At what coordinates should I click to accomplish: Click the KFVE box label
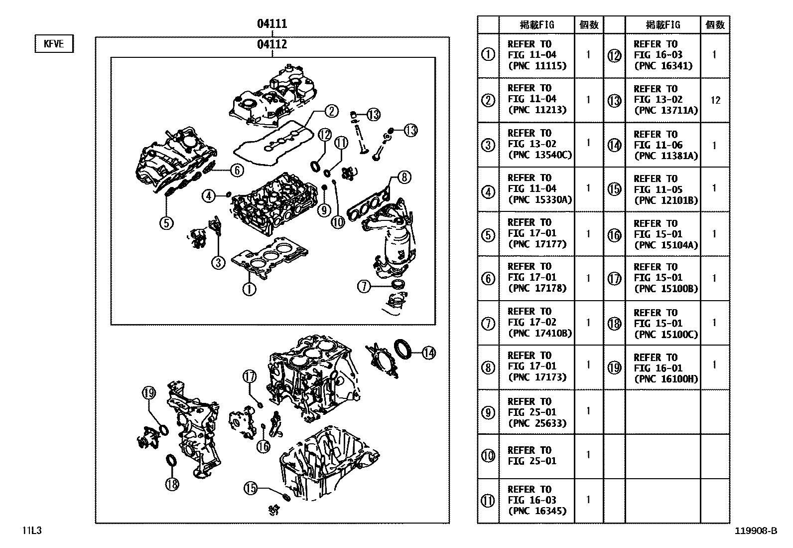pos(54,44)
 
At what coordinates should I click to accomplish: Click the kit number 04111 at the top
pos(272,23)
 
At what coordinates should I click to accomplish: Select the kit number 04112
pos(272,44)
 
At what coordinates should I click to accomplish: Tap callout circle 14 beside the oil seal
pos(428,353)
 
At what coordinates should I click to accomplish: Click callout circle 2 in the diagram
pos(331,111)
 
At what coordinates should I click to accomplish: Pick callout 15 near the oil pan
pos(250,488)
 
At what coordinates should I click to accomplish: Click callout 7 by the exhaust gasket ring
pos(364,286)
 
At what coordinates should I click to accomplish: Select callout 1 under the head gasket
pos(249,289)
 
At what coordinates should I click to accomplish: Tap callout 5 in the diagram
pos(166,223)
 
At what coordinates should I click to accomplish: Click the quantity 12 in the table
pos(715,100)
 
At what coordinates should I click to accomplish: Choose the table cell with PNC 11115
pos(536,55)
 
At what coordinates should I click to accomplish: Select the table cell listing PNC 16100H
pos(662,368)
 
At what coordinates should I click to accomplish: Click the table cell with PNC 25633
pos(536,412)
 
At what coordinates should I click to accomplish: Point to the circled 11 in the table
pos(488,500)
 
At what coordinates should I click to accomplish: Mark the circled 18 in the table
pos(615,323)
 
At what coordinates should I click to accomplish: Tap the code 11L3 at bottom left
pos(31,531)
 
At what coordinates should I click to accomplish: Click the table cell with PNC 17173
pos(536,367)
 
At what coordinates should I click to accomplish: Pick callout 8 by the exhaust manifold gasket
pos(404,177)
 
